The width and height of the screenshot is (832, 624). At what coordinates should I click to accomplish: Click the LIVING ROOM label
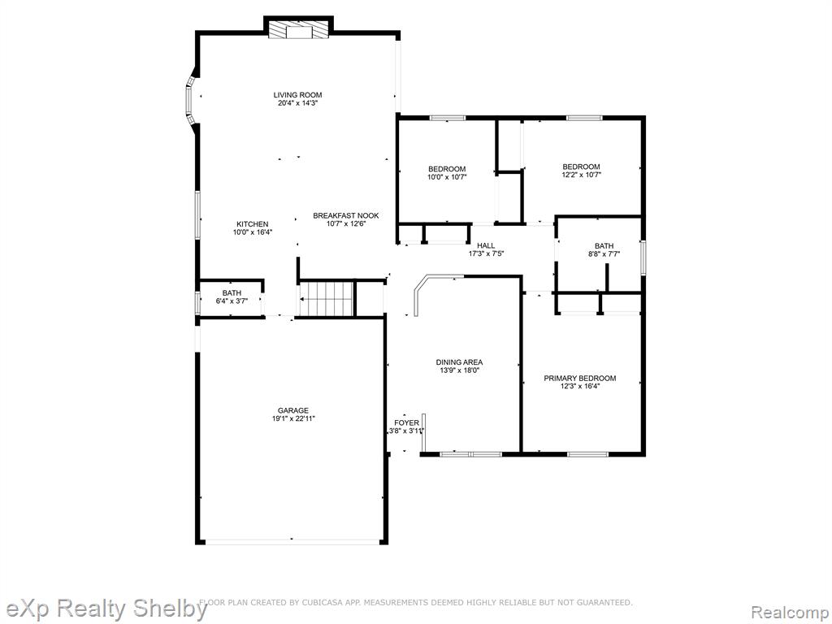click(297, 95)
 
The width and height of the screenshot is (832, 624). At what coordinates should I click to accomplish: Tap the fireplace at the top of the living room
click(298, 30)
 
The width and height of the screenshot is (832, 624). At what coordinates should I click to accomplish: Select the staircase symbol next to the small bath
click(327, 299)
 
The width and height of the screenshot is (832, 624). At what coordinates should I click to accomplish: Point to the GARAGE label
click(292, 410)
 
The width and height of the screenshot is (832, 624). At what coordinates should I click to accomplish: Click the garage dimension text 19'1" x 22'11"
click(292, 418)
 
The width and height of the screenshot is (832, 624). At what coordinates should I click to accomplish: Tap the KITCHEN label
click(252, 224)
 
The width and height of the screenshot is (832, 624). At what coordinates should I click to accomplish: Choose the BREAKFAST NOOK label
click(346, 215)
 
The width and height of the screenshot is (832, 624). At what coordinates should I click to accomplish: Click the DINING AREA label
click(460, 362)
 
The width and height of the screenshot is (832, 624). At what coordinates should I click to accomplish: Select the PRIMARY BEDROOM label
click(580, 379)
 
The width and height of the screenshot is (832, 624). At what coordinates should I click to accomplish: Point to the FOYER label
click(406, 422)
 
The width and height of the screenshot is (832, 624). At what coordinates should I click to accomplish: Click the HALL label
click(486, 245)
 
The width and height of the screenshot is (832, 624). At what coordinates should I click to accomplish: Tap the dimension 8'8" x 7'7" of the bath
click(604, 254)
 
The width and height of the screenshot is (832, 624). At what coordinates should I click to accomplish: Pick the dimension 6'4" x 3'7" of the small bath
click(232, 301)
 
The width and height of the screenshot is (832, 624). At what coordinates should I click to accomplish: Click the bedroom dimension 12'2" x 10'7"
click(582, 175)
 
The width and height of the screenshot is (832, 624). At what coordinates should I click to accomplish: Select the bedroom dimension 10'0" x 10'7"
click(448, 177)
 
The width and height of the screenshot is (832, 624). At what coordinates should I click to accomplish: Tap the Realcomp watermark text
click(790, 612)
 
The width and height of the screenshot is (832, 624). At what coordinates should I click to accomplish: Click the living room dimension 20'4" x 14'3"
click(297, 103)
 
